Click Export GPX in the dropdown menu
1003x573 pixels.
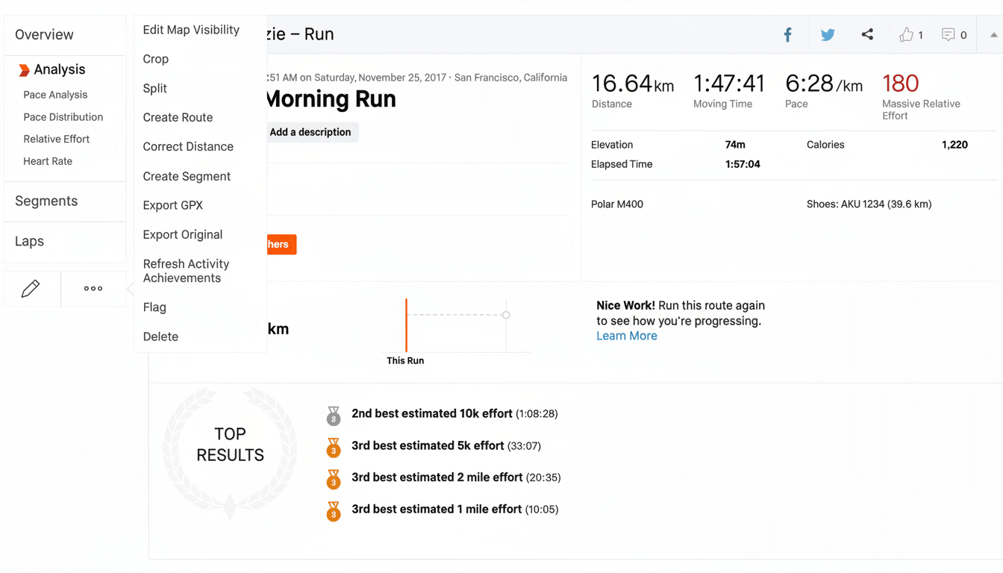[173, 205]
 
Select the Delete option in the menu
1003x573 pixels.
[160, 336]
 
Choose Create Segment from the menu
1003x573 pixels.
[187, 176]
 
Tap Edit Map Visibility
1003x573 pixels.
[191, 30]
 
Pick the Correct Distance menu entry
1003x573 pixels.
[188, 147]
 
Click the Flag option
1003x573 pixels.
[154, 307]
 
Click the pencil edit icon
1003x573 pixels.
[31, 289]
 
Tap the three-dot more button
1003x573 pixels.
[93, 289]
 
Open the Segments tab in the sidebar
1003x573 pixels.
[46, 201]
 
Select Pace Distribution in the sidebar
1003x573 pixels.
[63, 117]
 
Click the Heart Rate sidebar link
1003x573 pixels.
[48, 161]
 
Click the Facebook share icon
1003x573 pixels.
[787, 35]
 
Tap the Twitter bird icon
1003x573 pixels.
[828, 35]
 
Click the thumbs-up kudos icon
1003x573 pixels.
[906, 35]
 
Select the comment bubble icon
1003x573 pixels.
[948, 35]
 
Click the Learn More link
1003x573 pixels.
[627, 336]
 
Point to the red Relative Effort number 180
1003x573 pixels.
[900, 84]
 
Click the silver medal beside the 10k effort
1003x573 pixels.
[334, 416]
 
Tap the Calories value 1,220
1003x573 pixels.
[954, 145]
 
